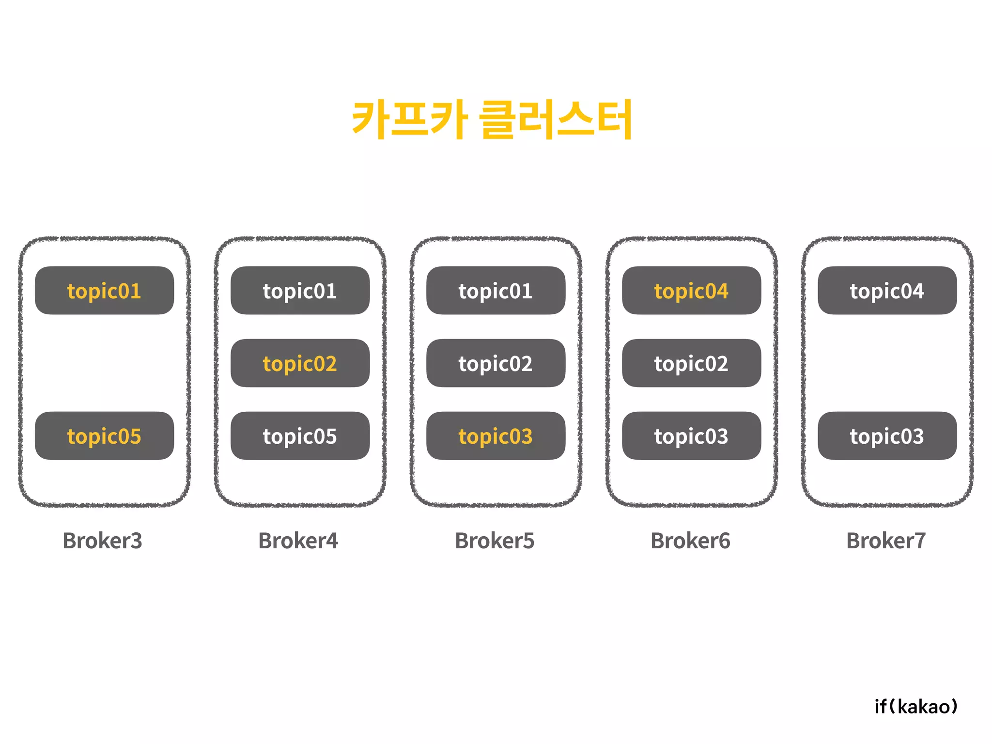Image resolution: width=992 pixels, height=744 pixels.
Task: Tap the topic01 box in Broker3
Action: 104,291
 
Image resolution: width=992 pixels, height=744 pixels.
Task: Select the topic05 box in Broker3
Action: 104,436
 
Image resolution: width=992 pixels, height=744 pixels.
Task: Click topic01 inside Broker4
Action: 300,291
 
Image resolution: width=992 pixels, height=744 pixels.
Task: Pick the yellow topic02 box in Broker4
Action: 300,363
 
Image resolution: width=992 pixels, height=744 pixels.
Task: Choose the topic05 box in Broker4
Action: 300,436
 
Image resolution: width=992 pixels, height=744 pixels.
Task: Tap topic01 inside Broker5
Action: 496,291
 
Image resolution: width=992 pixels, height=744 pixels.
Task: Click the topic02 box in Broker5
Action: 496,363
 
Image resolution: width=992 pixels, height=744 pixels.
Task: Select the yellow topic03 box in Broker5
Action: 496,436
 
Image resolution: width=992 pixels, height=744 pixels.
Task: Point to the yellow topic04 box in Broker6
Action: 691,291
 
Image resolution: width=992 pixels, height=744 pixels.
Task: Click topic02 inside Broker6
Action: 691,363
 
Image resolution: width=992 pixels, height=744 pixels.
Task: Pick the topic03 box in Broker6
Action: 691,436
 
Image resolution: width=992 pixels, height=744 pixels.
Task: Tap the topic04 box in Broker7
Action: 887,291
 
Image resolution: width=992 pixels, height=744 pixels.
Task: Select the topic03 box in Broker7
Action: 887,436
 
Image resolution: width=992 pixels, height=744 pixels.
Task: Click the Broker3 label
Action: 102,541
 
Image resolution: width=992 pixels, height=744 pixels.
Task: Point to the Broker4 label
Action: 298,541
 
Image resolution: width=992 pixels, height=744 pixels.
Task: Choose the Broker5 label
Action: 495,541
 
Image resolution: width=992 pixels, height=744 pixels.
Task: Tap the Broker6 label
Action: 690,541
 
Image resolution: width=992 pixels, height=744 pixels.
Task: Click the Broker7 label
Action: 886,541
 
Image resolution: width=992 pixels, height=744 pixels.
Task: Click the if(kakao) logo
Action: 916,707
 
